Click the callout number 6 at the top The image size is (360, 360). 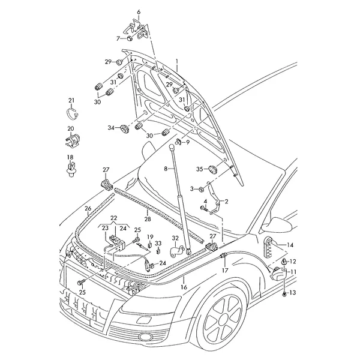139,12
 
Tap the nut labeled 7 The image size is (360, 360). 130,38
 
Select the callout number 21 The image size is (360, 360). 71,100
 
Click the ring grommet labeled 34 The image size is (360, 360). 125,128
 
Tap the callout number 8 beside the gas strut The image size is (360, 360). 166,169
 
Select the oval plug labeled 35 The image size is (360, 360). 213,169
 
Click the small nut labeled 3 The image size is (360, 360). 200,190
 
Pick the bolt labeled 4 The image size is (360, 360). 205,208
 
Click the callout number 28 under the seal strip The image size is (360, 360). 148,219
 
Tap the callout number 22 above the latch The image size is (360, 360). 113,218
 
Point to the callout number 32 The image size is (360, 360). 175,238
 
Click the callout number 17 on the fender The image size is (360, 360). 225,270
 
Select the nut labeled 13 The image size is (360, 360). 284,293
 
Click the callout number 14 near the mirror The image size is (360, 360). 290,245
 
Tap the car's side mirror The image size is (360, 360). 277,224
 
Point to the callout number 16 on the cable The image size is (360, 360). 184,287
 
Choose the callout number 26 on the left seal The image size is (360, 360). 88,208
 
